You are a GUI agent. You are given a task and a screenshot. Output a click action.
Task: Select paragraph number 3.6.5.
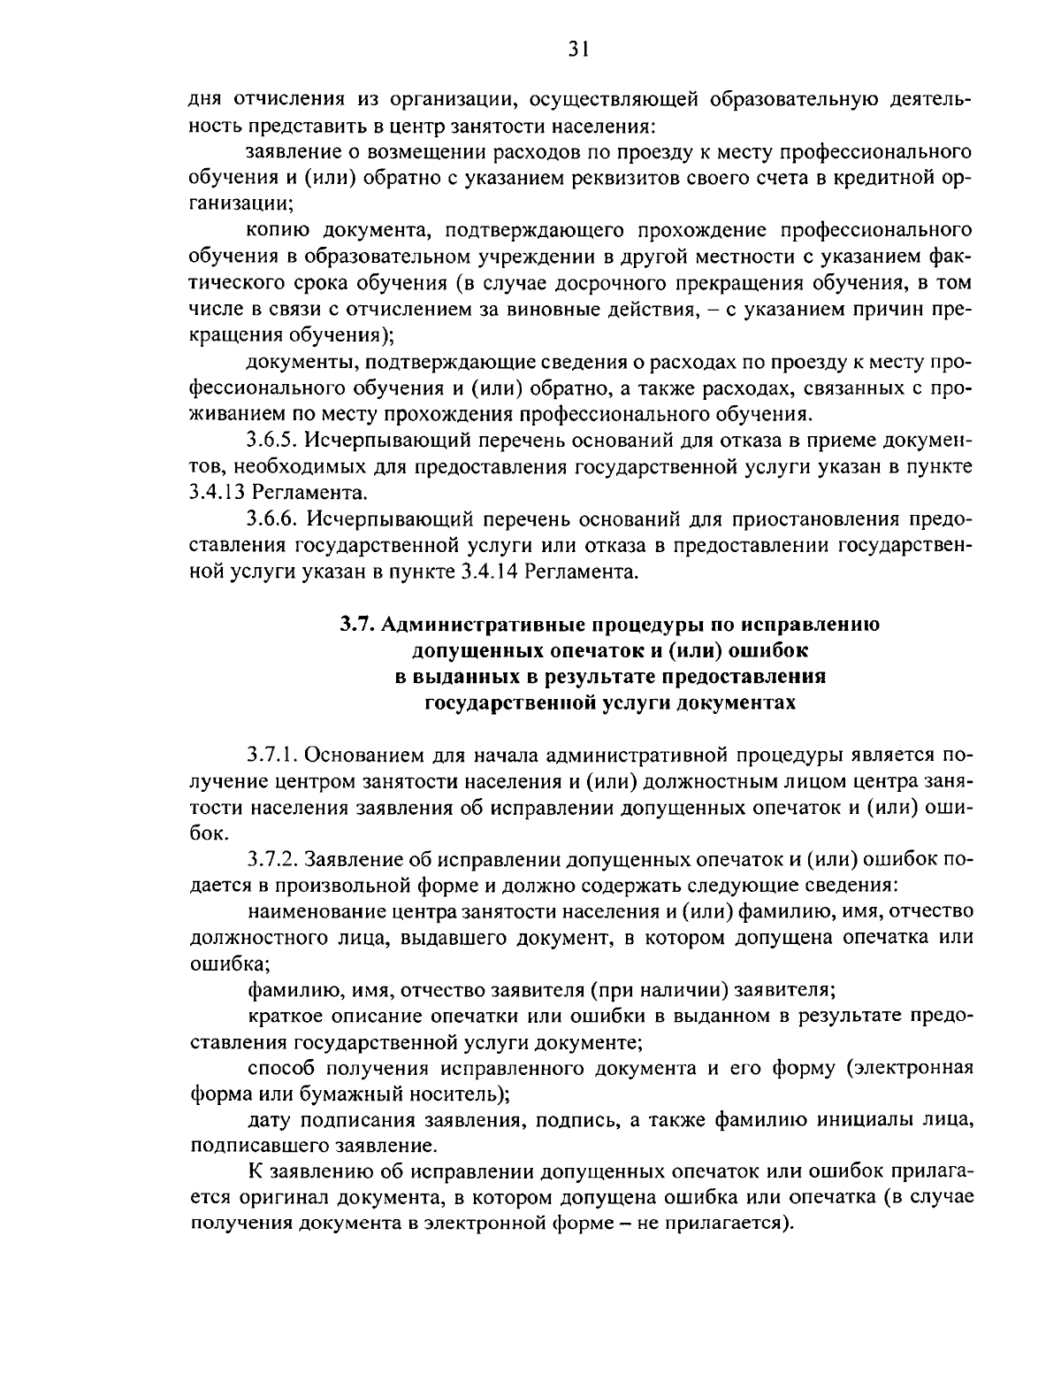point(274,440)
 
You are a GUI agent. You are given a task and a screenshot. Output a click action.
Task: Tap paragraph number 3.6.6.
point(274,518)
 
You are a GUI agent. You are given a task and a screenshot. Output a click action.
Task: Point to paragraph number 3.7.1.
point(274,755)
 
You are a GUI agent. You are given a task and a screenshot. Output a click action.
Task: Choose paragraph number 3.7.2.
point(274,859)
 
